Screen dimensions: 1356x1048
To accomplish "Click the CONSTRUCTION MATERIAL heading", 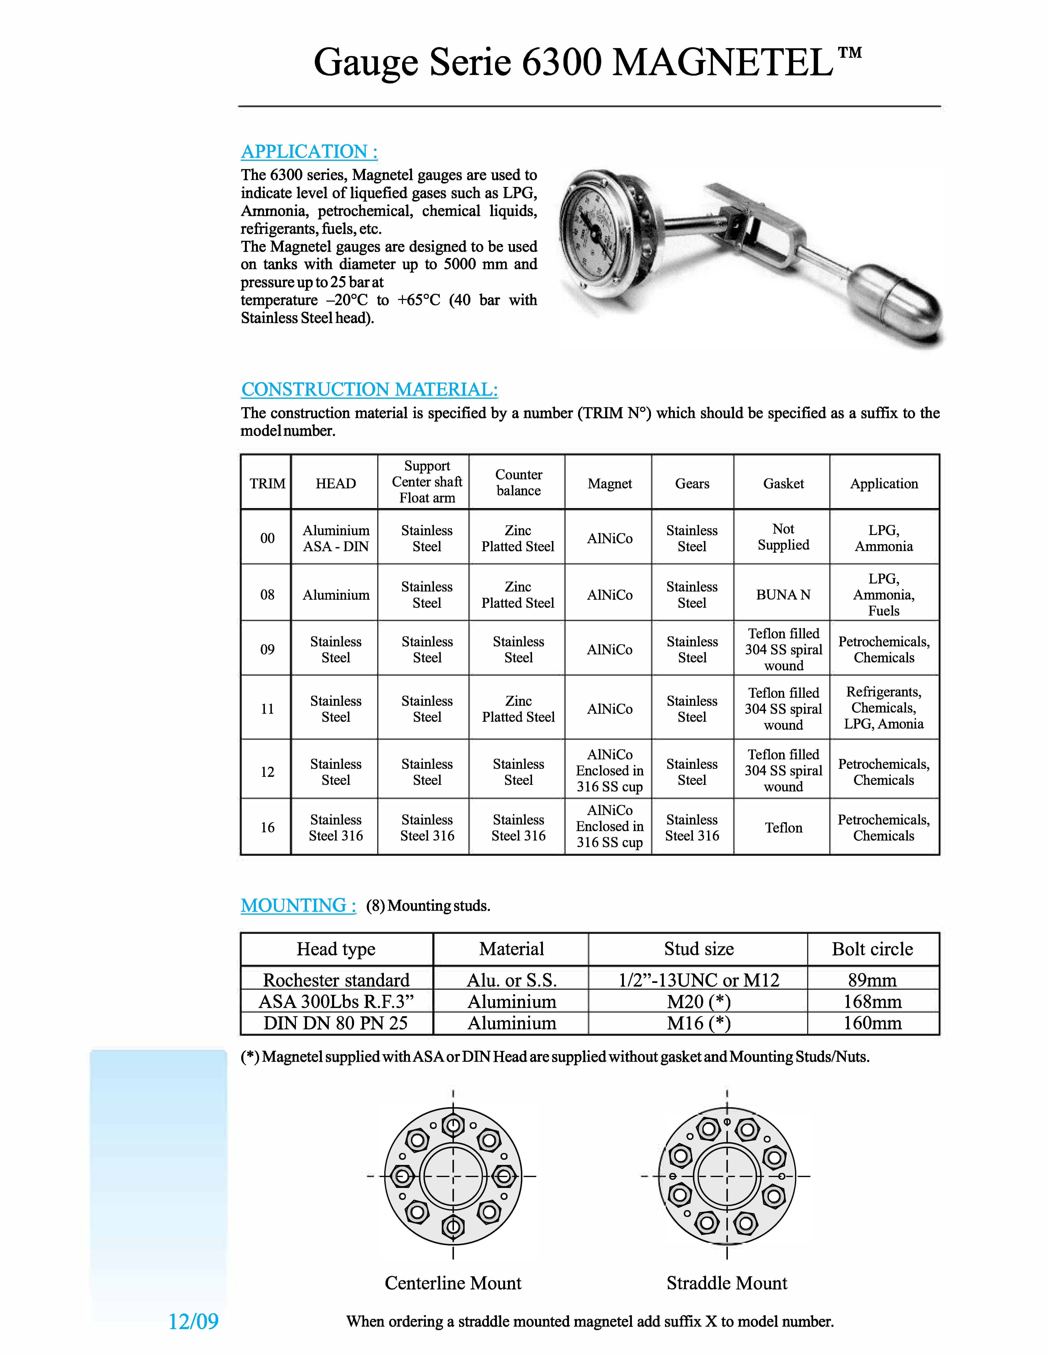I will coord(369,389).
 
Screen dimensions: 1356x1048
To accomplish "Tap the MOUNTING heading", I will coord(298,905).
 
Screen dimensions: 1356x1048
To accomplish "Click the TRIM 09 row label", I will coord(267,649).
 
